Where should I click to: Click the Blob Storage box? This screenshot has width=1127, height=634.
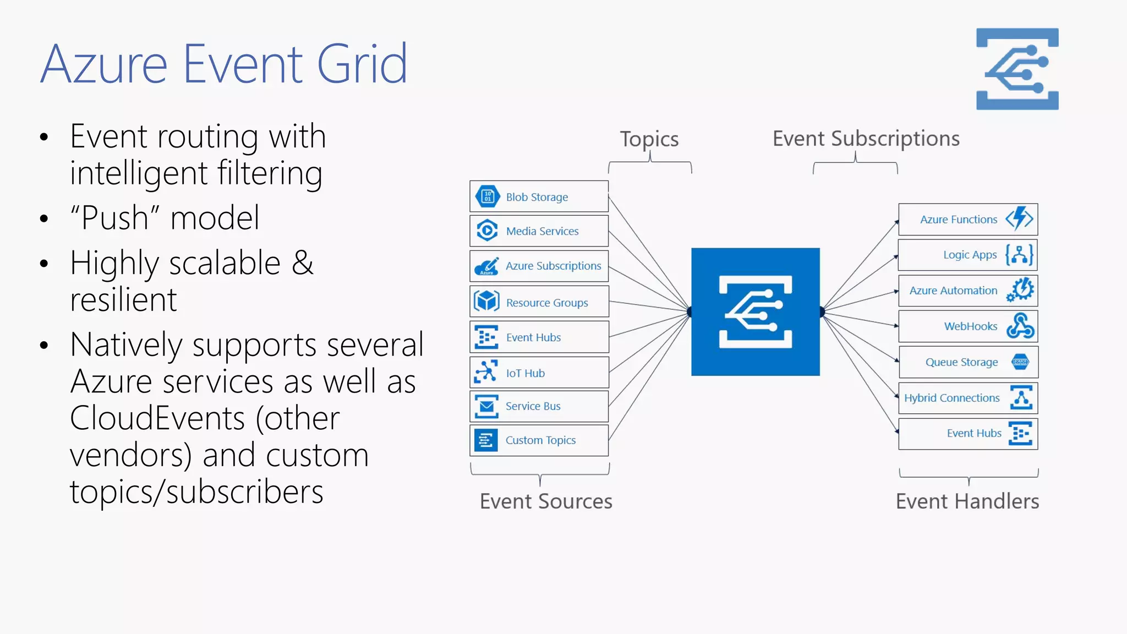pyautogui.click(x=539, y=196)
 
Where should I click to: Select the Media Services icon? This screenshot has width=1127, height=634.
pyautogui.click(x=487, y=231)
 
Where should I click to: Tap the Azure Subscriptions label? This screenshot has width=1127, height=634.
pyautogui.click(x=553, y=266)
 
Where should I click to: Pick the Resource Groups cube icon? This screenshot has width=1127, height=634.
pyautogui.click(x=487, y=302)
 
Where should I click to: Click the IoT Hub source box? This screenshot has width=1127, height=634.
pyautogui.click(x=539, y=373)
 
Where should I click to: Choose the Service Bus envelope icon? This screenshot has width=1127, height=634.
pyautogui.click(x=486, y=406)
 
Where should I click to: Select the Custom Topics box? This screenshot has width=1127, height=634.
pyautogui.click(x=539, y=440)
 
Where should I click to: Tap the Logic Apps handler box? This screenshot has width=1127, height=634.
pyautogui.click(x=967, y=255)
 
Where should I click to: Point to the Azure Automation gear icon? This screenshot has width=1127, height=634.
pyautogui.click(x=1021, y=289)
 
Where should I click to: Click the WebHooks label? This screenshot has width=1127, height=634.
pyautogui.click(x=970, y=326)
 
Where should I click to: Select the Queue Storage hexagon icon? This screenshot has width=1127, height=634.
pyautogui.click(x=1020, y=362)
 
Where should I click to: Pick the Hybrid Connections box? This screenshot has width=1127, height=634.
pyautogui.click(x=967, y=398)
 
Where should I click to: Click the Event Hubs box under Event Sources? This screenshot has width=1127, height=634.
pyautogui.click(x=539, y=337)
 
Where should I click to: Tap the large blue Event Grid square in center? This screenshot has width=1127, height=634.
pyautogui.click(x=755, y=312)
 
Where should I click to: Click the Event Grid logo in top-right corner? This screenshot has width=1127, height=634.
pyautogui.click(x=1017, y=69)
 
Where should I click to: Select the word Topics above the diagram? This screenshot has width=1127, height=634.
pyautogui.click(x=649, y=139)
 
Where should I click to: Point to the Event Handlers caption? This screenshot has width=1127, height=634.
pyautogui.click(x=967, y=501)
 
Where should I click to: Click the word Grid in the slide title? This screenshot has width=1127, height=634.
pyautogui.click(x=362, y=64)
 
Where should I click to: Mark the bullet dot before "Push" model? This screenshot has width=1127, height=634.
pyautogui.click(x=45, y=218)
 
